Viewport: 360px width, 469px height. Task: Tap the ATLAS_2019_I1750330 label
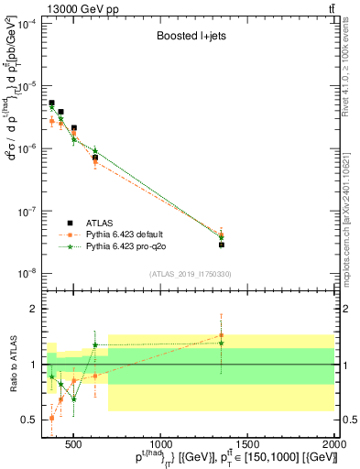191,274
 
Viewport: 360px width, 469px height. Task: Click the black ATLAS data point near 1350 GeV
222,245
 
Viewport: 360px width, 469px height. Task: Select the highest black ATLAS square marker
52,104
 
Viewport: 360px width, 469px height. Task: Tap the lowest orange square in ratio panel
52,418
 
